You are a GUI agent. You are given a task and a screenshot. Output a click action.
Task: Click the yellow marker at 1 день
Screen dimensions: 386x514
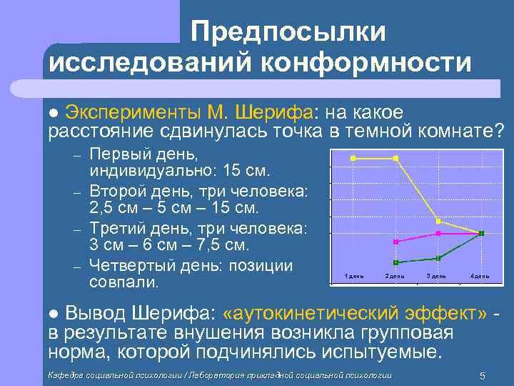(x=353, y=158)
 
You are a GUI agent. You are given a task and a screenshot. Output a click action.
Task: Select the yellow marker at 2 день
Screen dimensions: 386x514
(x=395, y=158)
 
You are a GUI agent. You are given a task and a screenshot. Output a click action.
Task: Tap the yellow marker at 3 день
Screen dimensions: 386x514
(x=438, y=221)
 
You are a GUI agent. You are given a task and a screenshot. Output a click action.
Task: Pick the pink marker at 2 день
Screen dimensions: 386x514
(x=395, y=242)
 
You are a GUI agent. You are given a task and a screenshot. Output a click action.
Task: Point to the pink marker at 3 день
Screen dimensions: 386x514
(x=438, y=234)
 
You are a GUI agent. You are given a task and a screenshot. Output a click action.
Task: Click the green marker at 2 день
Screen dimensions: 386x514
(x=395, y=262)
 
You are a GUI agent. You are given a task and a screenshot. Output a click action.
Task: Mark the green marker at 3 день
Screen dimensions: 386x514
(x=438, y=258)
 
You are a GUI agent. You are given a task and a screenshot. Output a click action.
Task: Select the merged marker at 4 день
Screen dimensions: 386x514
(x=481, y=234)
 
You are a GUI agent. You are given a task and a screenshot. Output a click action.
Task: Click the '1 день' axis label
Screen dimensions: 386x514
(x=354, y=276)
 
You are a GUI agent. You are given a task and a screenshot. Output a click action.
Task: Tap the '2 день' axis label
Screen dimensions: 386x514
(x=395, y=276)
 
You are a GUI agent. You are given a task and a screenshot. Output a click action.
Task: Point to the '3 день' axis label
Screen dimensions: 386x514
(x=436, y=276)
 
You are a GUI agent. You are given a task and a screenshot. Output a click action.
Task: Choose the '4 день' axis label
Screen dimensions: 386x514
(x=479, y=276)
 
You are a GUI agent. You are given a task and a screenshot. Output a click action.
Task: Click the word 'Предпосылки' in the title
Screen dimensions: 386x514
(x=288, y=31)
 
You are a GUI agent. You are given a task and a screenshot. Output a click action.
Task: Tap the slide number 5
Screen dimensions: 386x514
(x=483, y=376)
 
